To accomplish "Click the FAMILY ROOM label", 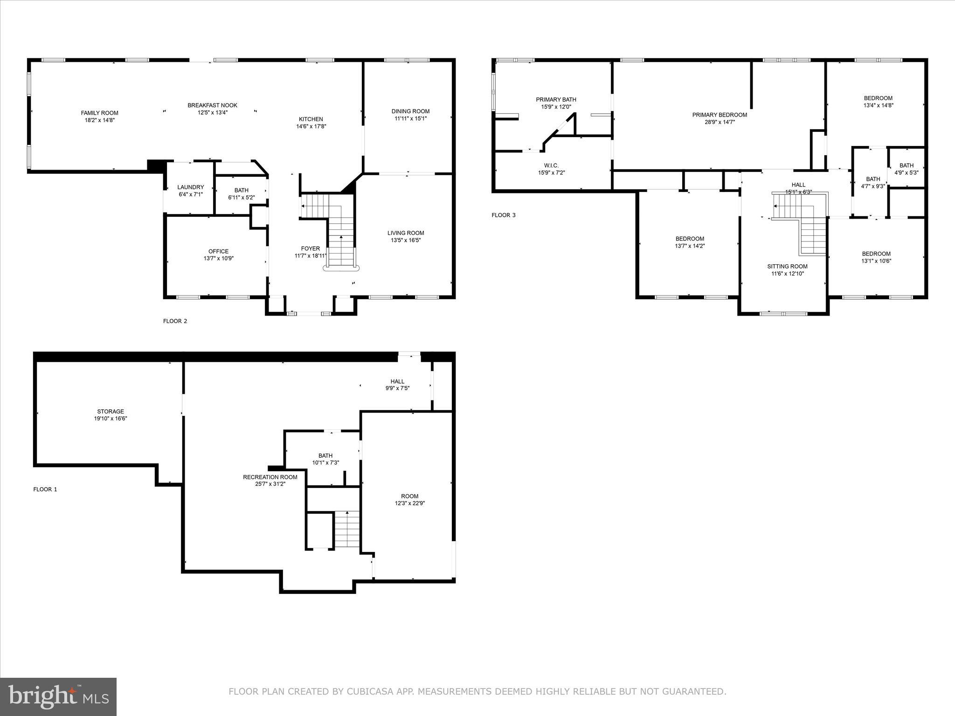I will click(99, 113).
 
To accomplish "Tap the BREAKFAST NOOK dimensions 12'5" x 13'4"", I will click(212, 112).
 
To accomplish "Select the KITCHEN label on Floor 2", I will click(311, 119).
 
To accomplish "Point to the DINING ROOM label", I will click(410, 111).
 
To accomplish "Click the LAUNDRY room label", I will click(190, 187).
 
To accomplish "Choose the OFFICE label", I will click(218, 251).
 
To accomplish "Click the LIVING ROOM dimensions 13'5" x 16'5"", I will click(406, 241).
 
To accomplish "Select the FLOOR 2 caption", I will click(175, 321).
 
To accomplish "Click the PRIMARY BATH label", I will click(556, 99).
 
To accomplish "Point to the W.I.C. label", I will click(551, 165).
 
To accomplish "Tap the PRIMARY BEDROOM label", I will click(719, 115).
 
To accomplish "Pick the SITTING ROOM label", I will click(787, 267).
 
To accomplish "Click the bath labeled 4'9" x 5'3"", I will click(907, 169).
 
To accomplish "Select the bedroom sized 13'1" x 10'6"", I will click(876, 257).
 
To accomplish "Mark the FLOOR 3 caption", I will click(504, 215).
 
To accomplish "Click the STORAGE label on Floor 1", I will click(111, 411).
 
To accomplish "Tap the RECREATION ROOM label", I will click(270, 477).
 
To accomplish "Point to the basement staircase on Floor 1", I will click(347, 529).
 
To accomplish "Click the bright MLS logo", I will click(58, 696).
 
